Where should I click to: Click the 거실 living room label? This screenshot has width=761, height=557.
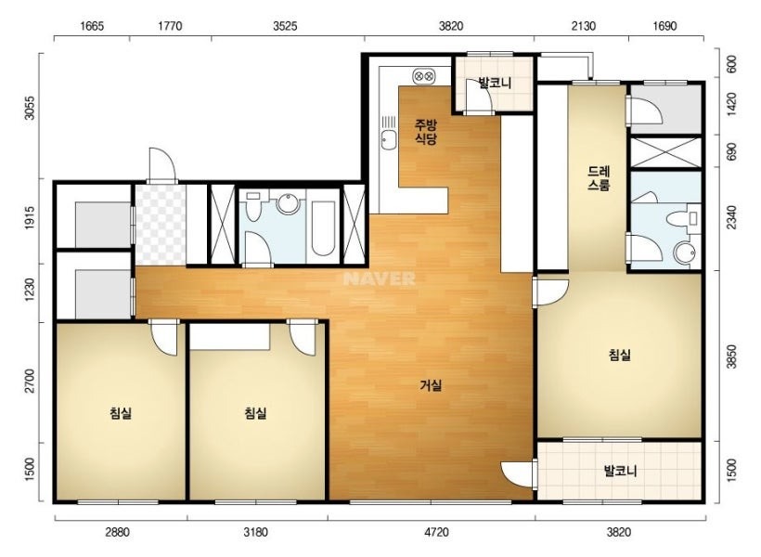(x=431, y=385)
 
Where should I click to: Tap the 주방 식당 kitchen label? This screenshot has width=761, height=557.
(x=426, y=132)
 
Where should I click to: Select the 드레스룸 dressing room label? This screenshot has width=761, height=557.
(x=599, y=178)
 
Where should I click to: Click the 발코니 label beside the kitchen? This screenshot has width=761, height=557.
(x=495, y=83)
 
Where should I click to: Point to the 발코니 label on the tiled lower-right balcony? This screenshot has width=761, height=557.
(x=620, y=471)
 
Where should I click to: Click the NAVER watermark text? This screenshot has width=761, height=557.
(x=379, y=278)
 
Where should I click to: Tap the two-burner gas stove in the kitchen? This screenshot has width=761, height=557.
(x=424, y=76)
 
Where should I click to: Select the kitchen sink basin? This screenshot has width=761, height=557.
(x=388, y=140)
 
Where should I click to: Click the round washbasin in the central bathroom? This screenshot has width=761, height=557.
(x=289, y=204)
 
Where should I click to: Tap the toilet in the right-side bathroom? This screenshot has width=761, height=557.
(x=683, y=218)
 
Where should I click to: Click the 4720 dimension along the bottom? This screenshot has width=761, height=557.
(x=436, y=532)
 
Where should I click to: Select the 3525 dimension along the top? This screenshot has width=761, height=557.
(x=285, y=26)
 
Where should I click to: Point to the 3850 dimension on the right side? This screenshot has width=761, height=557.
(x=732, y=356)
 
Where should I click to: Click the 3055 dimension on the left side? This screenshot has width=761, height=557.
(x=30, y=108)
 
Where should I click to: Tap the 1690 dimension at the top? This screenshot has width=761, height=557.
(x=664, y=26)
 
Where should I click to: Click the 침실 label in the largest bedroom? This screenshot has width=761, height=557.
(x=620, y=355)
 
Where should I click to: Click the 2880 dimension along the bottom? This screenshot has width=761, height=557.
(x=118, y=532)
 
